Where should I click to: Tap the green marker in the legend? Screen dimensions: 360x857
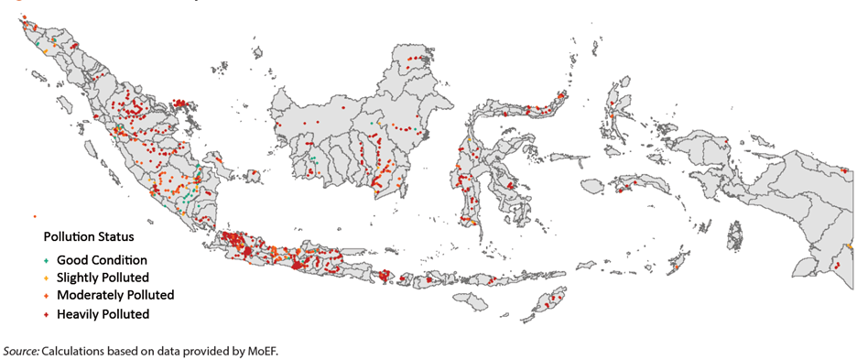[46, 259]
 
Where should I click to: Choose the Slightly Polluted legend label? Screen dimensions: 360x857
[103, 277]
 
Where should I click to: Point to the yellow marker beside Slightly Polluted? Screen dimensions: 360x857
[46, 277]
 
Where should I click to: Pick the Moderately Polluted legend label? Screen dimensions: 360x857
[115, 295]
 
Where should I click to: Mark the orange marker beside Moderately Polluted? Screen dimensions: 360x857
[46, 295]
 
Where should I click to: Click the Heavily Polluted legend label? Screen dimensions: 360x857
[103, 313]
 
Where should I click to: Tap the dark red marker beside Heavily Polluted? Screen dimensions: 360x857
[46, 313]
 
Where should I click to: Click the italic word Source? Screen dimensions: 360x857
[20, 351]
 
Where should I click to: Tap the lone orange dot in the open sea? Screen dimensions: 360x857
[34, 216]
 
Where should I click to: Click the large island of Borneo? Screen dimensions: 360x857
[357, 128]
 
